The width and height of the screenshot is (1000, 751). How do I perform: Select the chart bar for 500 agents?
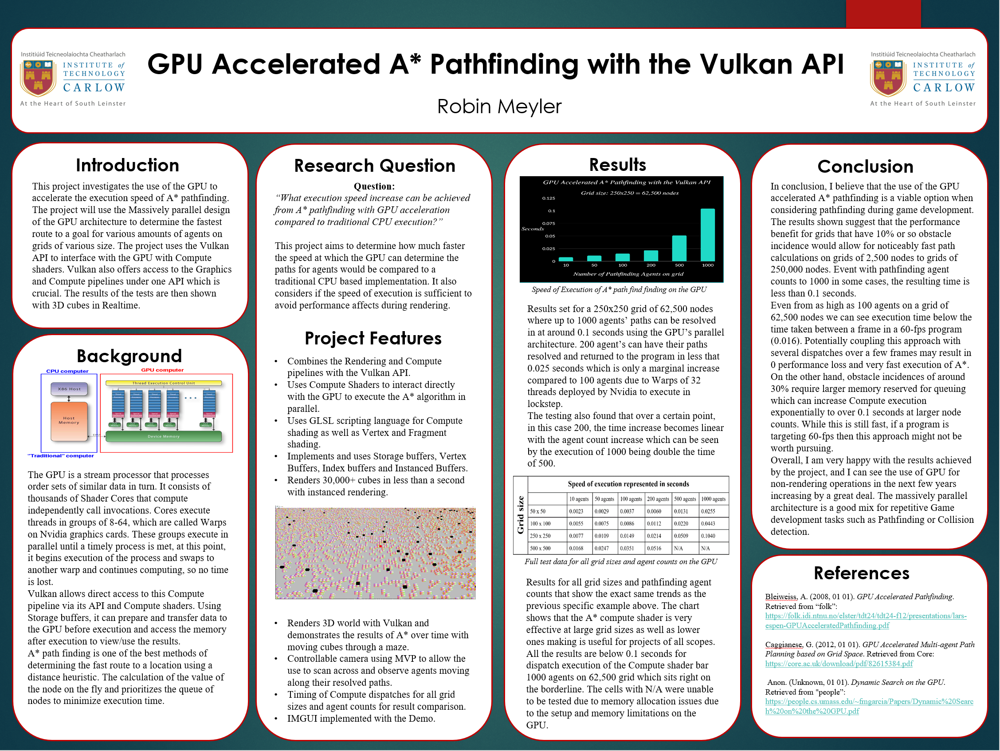[679, 248]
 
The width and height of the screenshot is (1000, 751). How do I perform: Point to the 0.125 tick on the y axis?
[549, 198]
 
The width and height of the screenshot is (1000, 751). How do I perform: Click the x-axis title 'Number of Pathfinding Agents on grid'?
[628, 274]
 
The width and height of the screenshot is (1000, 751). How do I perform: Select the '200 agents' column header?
[658, 499]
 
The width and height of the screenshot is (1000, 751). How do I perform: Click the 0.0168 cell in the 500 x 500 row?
[576, 548]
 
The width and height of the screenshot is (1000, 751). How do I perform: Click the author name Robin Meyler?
[499, 107]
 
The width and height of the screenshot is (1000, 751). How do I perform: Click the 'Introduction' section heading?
[127, 166]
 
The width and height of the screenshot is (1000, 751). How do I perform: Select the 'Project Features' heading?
[373, 338]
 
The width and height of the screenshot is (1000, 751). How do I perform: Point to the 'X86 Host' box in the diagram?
[69, 389]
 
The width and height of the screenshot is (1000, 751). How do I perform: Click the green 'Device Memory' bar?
[163, 437]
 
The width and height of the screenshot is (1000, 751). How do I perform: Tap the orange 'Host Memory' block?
[69, 421]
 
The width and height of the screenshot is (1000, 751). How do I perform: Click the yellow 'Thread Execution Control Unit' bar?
[163, 383]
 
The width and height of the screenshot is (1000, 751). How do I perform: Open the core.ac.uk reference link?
[839, 664]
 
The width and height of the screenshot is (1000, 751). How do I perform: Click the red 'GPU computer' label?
[162, 370]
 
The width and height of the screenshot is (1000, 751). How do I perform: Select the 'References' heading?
[861, 573]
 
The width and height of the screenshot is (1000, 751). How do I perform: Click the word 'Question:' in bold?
[374, 186]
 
